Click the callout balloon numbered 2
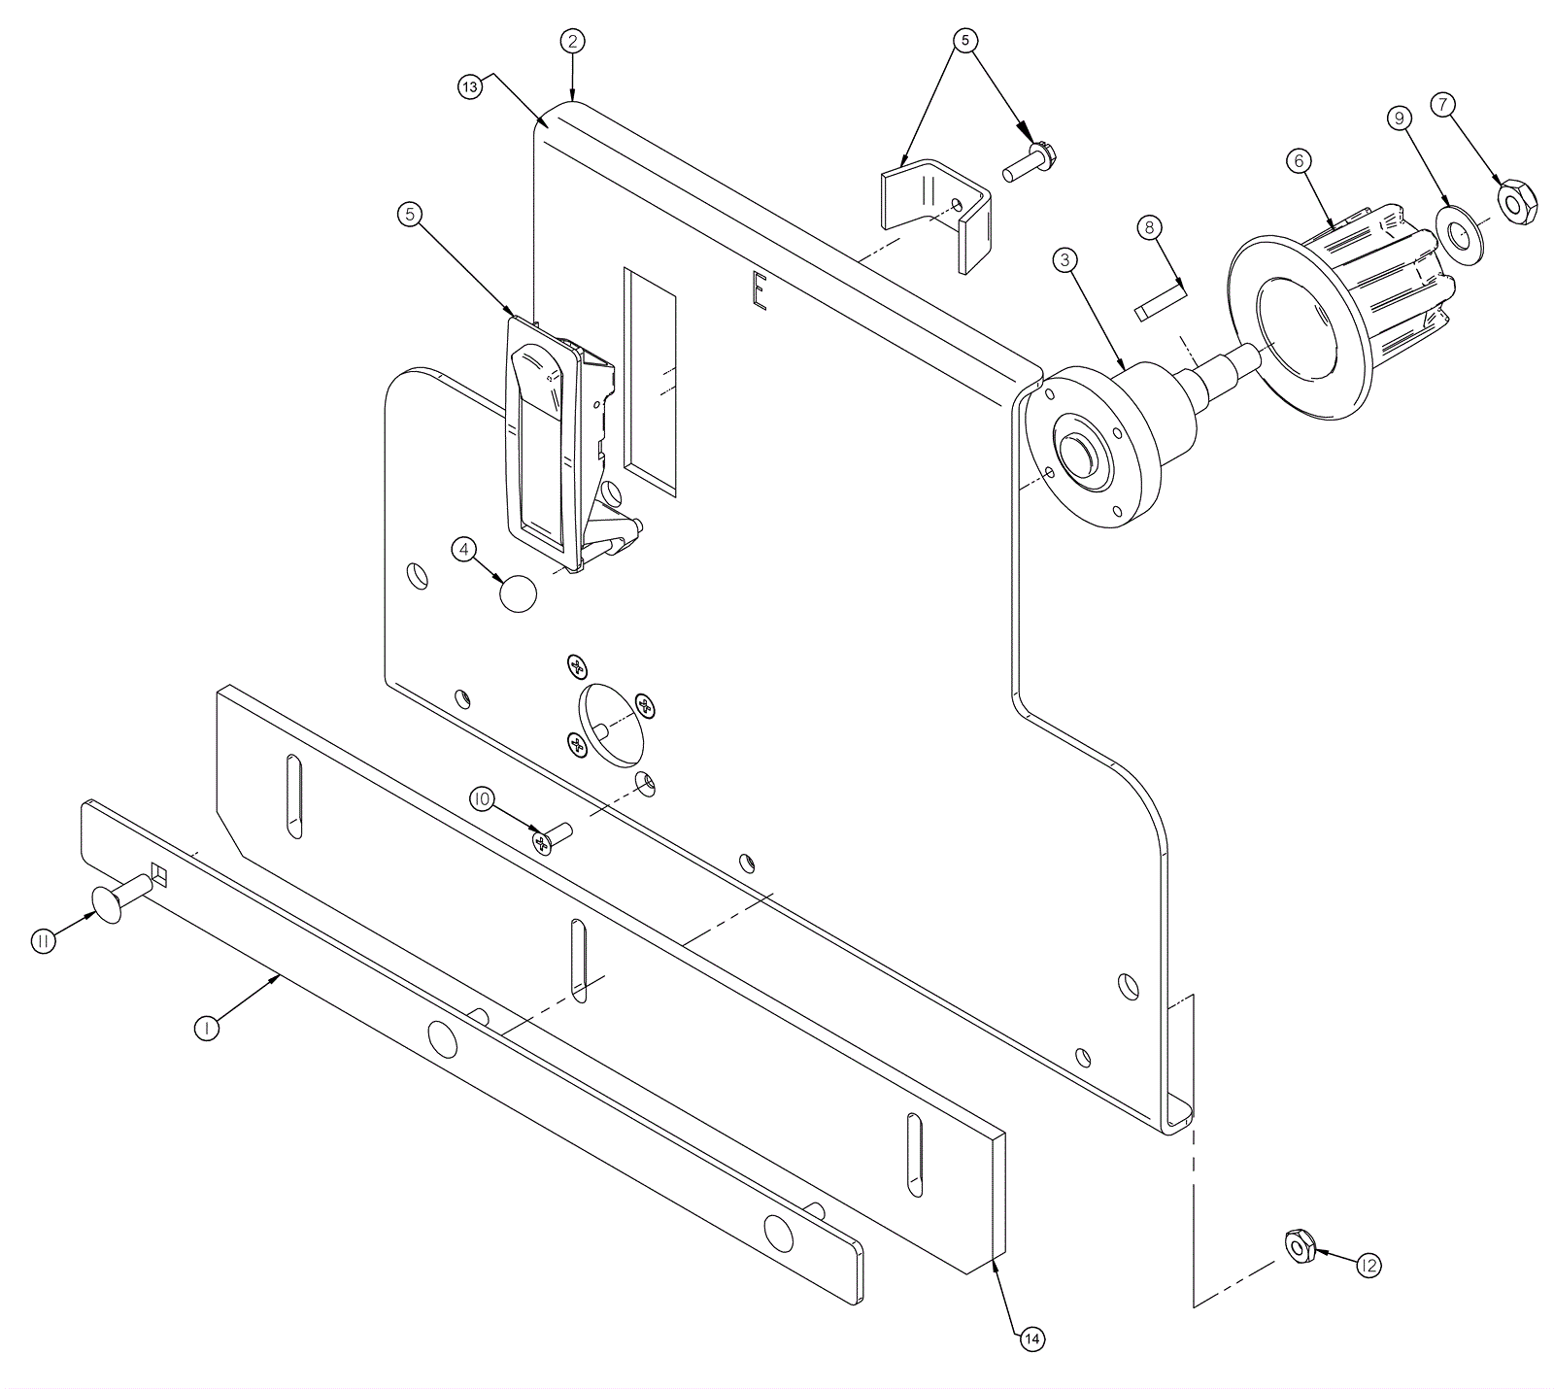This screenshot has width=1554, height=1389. click(x=573, y=41)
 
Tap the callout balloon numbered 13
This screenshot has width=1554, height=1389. click(x=470, y=86)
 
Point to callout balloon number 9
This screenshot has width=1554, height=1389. click(x=1399, y=119)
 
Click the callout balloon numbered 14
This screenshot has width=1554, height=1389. click(x=1031, y=1339)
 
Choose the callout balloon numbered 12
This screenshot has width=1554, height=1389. click(x=1369, y=1266)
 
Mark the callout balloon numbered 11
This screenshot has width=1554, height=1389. click(x=43, y=942)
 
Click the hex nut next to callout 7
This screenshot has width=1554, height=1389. click(x=1516, y=200)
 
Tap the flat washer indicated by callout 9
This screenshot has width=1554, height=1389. click(x=1460, y=234)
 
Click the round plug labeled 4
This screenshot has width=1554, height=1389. click(x=519, y=593)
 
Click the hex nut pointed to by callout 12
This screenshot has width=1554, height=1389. click(x=1300, y=1245)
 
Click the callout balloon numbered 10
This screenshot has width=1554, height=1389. click(x=483, y=799)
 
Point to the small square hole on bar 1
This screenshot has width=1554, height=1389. click(x=159, y=876)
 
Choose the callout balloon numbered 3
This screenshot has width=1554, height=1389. click(x=1065, y=260)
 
